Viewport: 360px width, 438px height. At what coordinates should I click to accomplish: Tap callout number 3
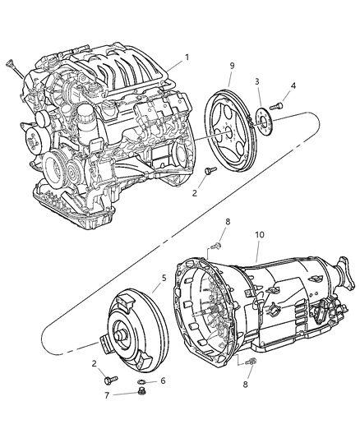pyautogui.click(x=256, y=82)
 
